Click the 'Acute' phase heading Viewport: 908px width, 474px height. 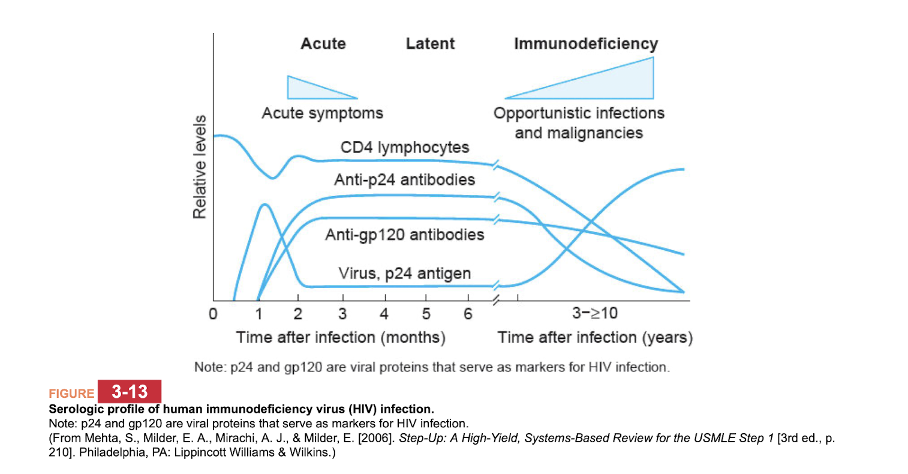(x=323, y=44)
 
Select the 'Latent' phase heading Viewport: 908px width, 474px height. (x=430, y=44)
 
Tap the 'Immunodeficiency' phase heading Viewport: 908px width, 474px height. (x=585, y=44)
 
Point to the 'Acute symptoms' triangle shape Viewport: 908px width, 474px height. (x=306, y=89)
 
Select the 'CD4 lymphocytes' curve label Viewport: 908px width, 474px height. (x=405, y=148)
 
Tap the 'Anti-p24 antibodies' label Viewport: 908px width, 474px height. (x=404, y=179)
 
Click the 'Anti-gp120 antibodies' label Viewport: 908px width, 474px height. (x=404, y=235)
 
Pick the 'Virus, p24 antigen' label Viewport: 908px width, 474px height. (x=404, y=274)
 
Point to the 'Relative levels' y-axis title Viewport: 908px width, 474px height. (x=199, y=167)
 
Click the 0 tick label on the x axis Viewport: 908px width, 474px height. (x=213, y=314)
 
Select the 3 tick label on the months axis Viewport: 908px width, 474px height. (x=342, y=314)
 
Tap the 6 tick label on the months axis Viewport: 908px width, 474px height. (x=468, y=314)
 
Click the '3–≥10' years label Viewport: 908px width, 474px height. (x=594, y=313)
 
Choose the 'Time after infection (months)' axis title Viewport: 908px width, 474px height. (x=341, y=338)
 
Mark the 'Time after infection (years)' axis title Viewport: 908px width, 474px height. (x=595, y=338)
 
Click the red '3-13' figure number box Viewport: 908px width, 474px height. (x=130, y=392)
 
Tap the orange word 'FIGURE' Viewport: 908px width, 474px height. (x=71, y=394)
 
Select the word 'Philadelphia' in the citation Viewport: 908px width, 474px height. (x=110, y=452)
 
